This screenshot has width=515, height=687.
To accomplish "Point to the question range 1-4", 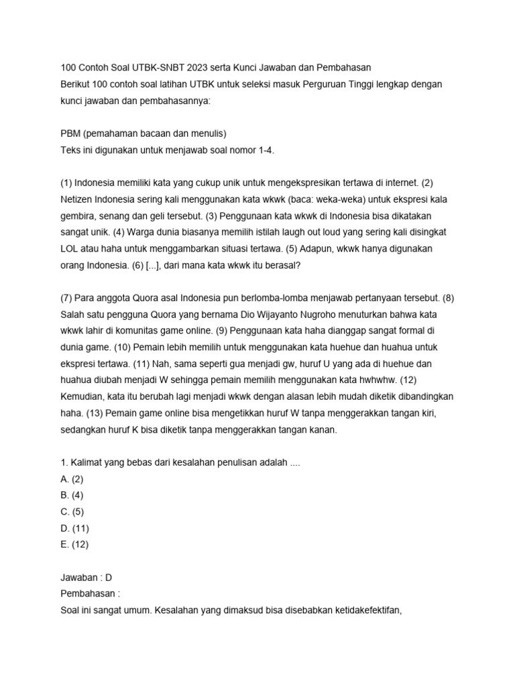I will point(264,150).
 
